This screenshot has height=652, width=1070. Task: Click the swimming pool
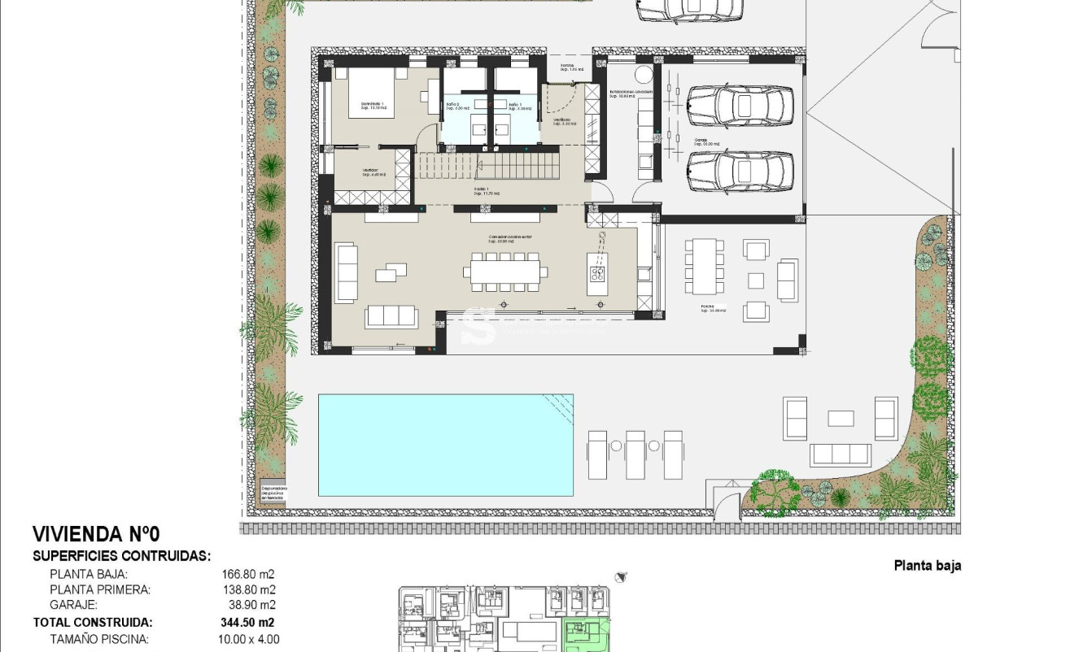(x=445, y=445)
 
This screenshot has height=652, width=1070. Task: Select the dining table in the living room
(x=504, y=271)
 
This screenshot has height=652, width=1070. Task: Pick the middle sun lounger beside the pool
(x=635, y=454)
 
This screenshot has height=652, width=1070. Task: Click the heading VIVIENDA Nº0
(x=96, y=534)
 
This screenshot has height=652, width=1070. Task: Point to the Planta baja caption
(x=927, y=566)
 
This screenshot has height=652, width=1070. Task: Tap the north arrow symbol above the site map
(x=622, y=576)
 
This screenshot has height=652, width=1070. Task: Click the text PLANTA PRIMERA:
(x=100, y=589)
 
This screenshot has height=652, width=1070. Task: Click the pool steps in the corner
(x=558, y=403)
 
